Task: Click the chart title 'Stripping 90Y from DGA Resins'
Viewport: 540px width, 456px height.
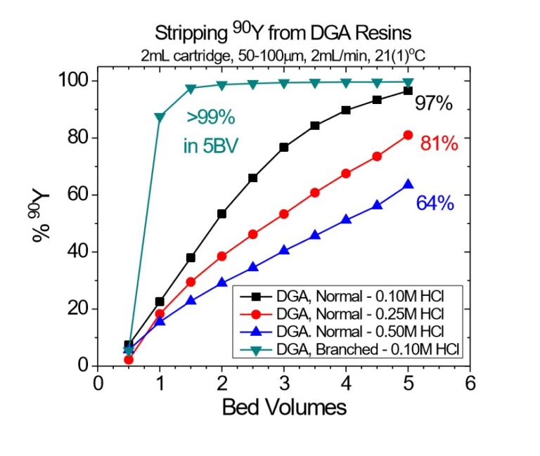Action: [x=283, y=32]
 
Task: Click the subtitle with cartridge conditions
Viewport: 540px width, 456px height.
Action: [x=283, y=53]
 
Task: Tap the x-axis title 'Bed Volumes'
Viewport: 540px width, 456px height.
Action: [x=284, y=407]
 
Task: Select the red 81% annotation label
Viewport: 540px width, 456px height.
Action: [x=439, y=143]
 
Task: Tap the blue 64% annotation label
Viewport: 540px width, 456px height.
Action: [x=435, y=204]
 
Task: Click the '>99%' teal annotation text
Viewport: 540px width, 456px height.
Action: [x=210, y=117]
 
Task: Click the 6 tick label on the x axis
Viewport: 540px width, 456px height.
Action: [x=470, y=383]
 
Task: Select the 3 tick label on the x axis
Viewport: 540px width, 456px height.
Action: [x=284, y=383]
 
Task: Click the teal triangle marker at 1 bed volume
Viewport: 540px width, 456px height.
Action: [x=160, y=117]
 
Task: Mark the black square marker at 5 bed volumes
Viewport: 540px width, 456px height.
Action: [x=408, y=91]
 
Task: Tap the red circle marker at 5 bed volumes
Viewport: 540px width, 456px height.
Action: [x=408, y=135]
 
